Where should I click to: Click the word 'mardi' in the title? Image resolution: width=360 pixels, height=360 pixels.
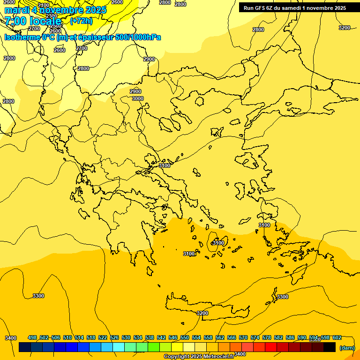point(17,10)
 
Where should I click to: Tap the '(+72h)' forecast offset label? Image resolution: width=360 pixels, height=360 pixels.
point(81,21)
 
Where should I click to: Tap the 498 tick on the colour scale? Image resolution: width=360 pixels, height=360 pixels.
point(32,337)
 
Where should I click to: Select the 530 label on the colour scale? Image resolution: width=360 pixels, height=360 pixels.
point(126,337)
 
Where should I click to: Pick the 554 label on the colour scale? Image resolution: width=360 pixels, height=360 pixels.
point(196,337)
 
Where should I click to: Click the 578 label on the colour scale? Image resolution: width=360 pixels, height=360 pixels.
point(267,337)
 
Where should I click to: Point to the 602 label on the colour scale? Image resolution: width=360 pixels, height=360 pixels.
point(337,337)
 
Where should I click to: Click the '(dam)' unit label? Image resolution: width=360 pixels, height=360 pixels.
point(347,347)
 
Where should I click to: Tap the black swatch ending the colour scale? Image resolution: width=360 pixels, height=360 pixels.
point(330,347)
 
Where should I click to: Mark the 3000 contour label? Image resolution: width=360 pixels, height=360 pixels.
point(138,98)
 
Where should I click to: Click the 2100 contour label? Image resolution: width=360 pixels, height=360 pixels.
point(43,6)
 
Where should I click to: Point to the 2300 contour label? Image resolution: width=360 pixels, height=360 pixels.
point(52,16)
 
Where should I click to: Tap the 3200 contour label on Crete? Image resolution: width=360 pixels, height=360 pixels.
point(202,313)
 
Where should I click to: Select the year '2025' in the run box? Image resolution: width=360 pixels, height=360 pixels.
point(337,8)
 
